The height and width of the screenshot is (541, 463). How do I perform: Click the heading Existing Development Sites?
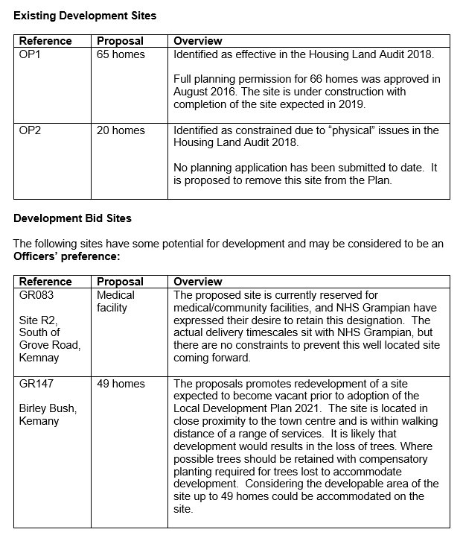click(x=85, y=15)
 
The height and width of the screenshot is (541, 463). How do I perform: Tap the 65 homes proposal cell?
click(x=121, y=54)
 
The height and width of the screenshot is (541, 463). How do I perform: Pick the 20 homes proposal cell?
click(x=121, y=130)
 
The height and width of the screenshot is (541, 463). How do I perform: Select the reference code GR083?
click(x=37, y=295)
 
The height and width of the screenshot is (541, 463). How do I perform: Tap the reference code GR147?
click(x=36, y=384)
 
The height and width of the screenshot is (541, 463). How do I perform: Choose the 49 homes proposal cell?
click(x=121, y=384)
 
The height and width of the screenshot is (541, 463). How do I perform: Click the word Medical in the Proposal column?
click(x=116, y=295)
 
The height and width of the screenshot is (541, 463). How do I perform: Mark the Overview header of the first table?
click(x=197, y=41)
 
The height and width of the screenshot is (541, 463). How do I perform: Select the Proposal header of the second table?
click(x=120, y=282)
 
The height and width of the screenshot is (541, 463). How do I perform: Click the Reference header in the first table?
click(x=45, y=41)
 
